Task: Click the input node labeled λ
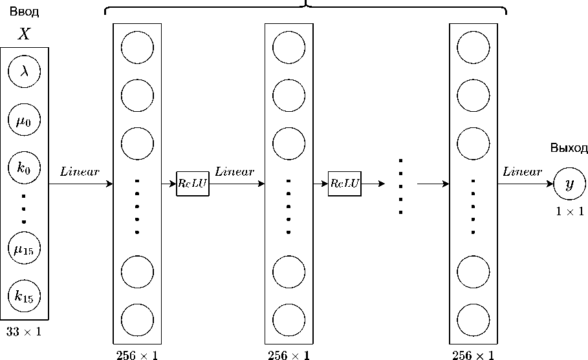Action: (24, 71)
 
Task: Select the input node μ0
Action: (24, 120)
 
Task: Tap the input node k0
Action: (24, 169)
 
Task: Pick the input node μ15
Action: (24, 248)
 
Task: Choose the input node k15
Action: (24, 297)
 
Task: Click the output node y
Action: (569, 184)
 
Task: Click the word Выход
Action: (569, 149)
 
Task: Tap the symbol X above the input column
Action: (24, 35)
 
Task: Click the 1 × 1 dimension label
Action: (570, 211)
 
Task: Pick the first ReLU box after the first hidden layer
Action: (192, 184)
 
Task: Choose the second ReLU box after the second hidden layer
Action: (344, 184)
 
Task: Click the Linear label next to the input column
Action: (80, 172)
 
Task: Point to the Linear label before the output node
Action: (522, 172)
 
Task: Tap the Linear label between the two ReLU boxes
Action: (234, 172)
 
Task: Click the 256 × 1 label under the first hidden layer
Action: (136, 355)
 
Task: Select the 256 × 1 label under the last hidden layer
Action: (474, 355)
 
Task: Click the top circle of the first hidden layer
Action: (137, 48)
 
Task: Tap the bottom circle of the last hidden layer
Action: (473, 319)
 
